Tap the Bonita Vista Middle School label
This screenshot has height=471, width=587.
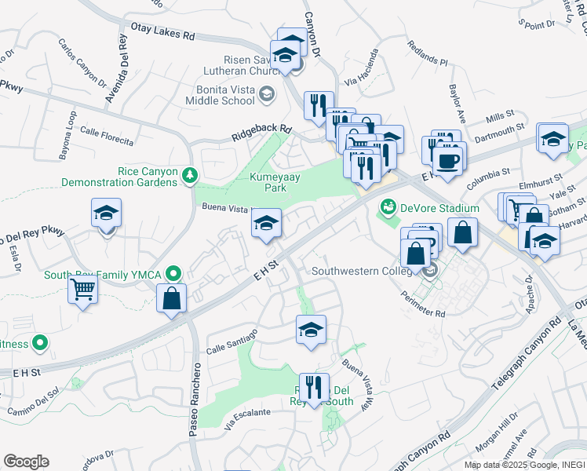(221, 95)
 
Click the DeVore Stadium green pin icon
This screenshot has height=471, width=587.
(387, 208)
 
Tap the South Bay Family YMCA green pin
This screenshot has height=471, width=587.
(175, 275)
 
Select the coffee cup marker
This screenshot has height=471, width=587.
(449, 161)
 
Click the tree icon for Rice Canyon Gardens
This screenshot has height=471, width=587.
(188, 173)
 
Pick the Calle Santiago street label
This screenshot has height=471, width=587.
(232, 341)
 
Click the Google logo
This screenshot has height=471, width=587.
(26, 462)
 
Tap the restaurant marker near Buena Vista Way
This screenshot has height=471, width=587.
(313, 387)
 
